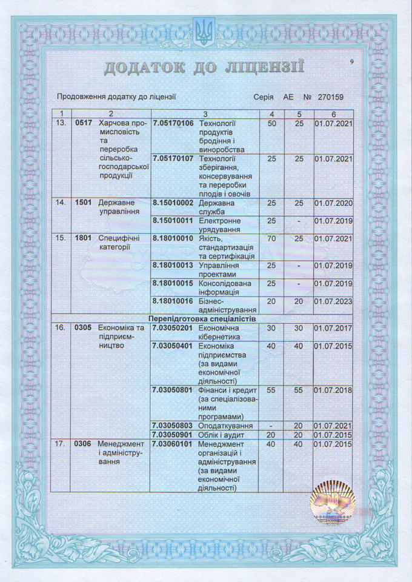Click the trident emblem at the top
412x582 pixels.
tap(202, 33)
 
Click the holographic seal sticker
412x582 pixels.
tap(331, 503)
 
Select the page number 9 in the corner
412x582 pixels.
tap(352, 62)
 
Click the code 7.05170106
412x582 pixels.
tap(173, 124)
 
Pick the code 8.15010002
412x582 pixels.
tap(173, 203)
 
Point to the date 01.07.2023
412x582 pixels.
tap(333, 301)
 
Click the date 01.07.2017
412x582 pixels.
tap(333, 328)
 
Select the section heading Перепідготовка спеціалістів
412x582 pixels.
tap(202, 318)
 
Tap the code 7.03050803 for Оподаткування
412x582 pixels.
tap(173, 426)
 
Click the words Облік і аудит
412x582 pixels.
tap(221, 435)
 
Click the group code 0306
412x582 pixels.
tap(82, 444)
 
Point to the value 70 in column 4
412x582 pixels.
tap(271, 239)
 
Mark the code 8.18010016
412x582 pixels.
tap(173, 301)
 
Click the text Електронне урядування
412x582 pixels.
tap(225, 225)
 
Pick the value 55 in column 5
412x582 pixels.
tap(299, 390)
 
